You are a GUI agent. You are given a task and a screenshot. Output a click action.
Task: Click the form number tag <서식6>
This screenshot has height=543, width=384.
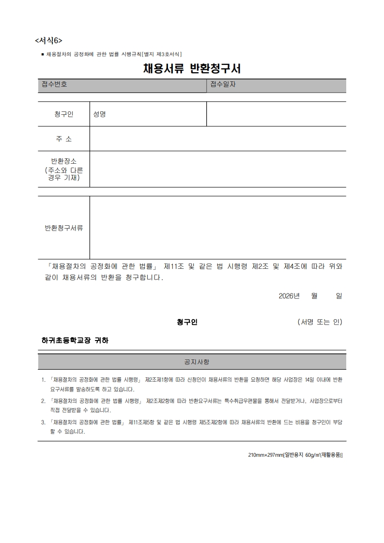coord(48,40)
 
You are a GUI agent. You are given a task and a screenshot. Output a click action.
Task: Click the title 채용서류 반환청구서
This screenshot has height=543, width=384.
coord(192,69)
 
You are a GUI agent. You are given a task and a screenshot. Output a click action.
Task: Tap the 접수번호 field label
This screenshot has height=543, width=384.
coord(54,84)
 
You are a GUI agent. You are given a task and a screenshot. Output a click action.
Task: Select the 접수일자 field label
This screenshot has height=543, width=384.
coord(223,84)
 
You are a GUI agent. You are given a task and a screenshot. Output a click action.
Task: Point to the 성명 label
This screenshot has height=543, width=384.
coord(100,114)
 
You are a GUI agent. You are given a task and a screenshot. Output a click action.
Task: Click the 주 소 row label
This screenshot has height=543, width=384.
coord(64,139)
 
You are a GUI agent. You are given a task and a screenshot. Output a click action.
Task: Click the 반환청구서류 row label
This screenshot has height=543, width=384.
coord(64,228)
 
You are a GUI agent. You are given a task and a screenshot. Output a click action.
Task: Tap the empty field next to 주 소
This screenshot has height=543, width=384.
coord(218,139)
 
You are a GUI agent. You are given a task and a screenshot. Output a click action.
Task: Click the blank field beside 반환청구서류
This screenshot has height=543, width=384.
coord(218,228)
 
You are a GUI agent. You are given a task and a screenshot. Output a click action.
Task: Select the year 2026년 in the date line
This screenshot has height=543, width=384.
coord(289,296)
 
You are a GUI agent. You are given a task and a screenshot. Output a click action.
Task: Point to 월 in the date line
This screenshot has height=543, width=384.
coord(314,296)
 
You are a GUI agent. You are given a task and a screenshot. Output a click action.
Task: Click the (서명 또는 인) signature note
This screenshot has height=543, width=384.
coord(320,322)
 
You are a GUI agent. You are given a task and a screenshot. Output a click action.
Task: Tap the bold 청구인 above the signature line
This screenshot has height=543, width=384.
coord(187,322)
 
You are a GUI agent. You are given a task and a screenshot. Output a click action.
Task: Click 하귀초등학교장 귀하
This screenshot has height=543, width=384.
coord(75,341)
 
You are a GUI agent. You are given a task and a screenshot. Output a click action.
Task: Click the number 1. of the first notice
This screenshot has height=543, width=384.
coord(44,380)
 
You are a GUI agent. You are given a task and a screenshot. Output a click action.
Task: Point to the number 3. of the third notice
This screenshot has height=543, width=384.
coord(44,422)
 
